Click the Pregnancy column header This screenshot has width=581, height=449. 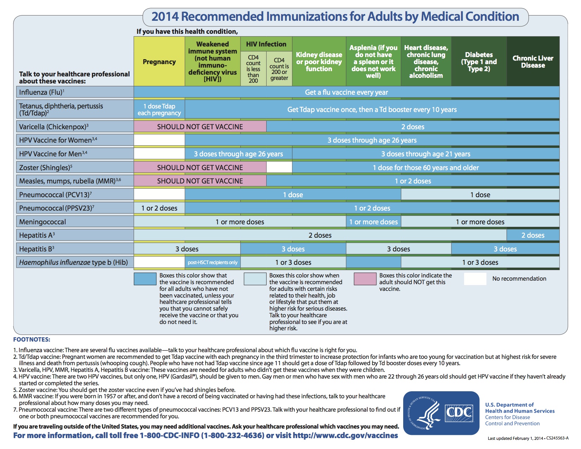click(x=159, y=62)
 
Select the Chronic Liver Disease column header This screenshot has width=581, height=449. click(x=533, y=62)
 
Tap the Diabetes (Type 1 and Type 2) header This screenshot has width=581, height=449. click(x=479, y=62)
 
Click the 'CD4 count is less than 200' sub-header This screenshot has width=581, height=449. click(x=253, y=69)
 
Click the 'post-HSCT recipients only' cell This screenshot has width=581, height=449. click(x=212, y=262)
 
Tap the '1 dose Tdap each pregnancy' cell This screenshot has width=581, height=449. click(x=159, y=110)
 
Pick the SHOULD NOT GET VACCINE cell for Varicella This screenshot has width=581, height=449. click(x=200, y=127)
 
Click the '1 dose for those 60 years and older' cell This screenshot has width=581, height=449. click(x=426, y=168)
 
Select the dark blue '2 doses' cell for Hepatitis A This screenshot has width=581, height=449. click(x=533, y=235)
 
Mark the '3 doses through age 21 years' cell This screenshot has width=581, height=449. click(x=426, y=154)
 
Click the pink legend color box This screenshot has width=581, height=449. click(x=365, y=279)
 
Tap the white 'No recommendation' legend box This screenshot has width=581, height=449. click(x=475, y=279)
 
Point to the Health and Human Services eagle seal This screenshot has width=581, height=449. click(x=424, y=413)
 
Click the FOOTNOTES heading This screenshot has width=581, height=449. click(x=32, y=339)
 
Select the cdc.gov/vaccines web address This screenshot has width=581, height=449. click(x=345, y=436)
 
